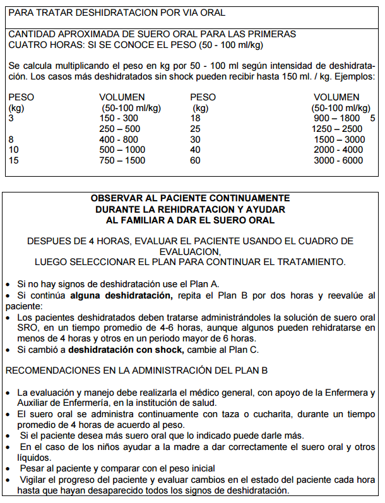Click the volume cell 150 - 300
119,118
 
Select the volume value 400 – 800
119,139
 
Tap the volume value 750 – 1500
122,160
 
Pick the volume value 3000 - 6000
338,160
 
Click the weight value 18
195,118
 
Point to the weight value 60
195,160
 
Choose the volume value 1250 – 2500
338,129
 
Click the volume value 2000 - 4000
338,150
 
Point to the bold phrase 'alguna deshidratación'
121,295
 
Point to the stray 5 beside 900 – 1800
372,118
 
